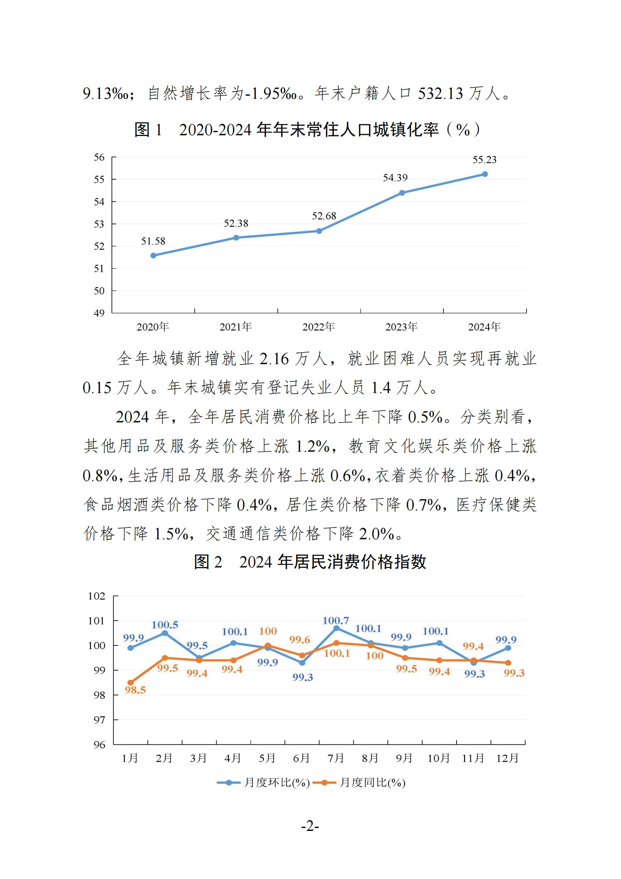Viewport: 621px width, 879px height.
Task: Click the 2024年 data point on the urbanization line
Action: tap(484, 174)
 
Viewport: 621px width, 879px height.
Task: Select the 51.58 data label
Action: tap(153, 241)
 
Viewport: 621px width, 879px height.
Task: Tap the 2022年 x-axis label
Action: tap(318, 327)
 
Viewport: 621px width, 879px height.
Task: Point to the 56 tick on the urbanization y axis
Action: tap(99, 157)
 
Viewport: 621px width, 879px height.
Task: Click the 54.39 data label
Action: tap(395, 178)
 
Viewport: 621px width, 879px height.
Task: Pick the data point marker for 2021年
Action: tap(236, 238)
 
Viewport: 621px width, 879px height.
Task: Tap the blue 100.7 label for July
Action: tap(335, 620)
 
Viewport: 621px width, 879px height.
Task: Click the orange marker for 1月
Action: tap(130, 682)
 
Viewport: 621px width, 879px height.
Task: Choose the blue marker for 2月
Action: tap(165, 633)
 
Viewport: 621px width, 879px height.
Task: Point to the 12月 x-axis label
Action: tap(508, 758)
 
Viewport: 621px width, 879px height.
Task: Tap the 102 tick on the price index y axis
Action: tap(96, 596)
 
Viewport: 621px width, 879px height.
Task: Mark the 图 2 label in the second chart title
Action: tap(208, 562)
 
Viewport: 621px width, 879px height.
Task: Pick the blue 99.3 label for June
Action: tap(303, 677)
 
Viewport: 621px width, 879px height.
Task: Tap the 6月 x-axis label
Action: tap(301, 758)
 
